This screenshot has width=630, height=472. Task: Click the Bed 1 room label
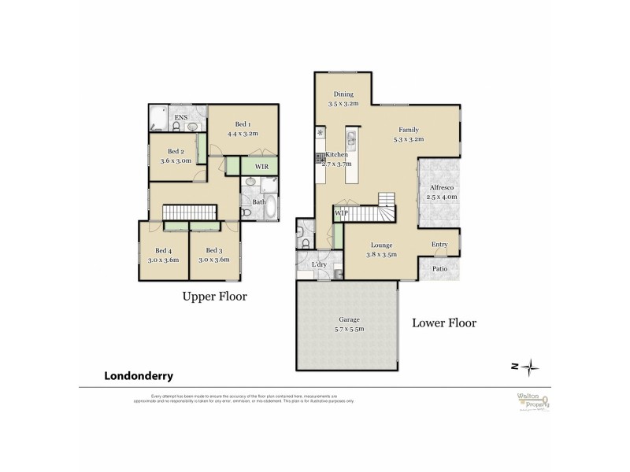pyautogui.click(x=243, y=124)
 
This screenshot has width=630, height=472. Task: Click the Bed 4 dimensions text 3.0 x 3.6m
pyautogui.click(x=164, y=260)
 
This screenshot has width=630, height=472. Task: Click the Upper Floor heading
pyautogui.click(x=215, y=297)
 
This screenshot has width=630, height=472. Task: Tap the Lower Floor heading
pyautogui.click(x=444, y=323)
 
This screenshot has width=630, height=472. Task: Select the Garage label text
pyautogui.click(x=349, y=319)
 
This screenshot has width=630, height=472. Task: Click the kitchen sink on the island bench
pyautogui.click(x=352, y=142)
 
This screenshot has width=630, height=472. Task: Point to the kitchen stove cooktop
pyautogui.click(x=321, y=158)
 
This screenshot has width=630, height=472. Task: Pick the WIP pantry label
pyautogui.click(x=341, y=213)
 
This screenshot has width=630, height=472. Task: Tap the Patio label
pyautogui.click(x=440, y=269)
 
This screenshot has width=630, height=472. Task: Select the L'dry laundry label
pyautogui.click(x=320, y=264)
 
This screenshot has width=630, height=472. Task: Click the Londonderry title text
pyautogui.click(x=139, y=376)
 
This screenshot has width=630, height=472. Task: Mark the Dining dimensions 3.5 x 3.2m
pyautogui.click(x=343, y=103)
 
